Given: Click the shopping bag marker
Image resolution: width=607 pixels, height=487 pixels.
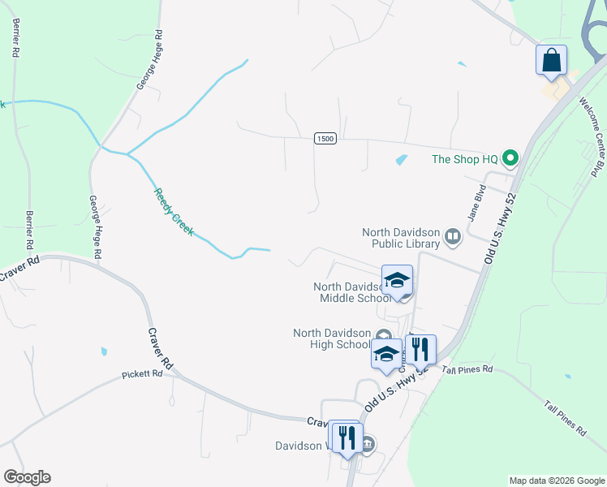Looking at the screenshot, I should tap(551, 61).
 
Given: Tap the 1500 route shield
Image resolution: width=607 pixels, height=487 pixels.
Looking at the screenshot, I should tap(325, 140).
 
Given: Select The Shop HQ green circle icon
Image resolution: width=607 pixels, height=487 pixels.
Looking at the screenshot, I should tap(510, 158).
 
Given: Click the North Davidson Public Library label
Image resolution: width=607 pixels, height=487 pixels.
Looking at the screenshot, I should tap(400, 237).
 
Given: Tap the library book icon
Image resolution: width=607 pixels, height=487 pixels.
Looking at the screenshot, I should tap(453, 238).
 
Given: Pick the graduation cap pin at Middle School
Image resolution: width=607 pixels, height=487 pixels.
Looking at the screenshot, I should tap(397, 281).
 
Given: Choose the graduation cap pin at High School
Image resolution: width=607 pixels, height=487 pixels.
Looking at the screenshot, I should tap(386, 354).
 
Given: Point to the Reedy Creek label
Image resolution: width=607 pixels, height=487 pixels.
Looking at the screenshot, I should tap(174, 212).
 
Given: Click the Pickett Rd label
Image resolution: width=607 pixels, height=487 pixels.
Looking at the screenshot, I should tap(143, 374).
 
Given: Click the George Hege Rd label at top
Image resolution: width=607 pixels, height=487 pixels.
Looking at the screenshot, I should tap(149, 60).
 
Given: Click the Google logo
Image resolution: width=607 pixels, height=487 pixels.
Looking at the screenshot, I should tap(27, 477).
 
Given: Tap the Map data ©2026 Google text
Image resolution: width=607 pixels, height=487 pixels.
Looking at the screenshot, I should tap(557, 481).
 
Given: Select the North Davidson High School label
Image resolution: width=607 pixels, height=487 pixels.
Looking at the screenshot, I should tap(331, 338).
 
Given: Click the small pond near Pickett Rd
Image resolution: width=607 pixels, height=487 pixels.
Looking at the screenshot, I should tap(104, 351).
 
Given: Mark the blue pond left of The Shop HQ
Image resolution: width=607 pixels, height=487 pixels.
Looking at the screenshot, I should tap(401, 160).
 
